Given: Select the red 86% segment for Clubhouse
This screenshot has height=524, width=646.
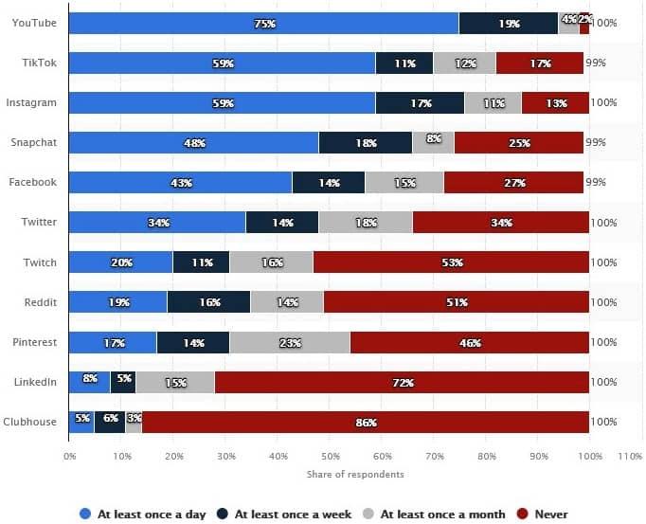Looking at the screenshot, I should (366, 422).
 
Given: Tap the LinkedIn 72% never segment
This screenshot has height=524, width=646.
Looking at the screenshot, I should (402, 382).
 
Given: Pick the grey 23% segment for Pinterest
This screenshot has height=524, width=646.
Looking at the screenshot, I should (290, 342).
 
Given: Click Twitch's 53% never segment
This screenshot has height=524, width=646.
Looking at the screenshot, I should (451, 262).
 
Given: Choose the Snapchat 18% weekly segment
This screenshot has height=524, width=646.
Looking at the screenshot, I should (366, 142).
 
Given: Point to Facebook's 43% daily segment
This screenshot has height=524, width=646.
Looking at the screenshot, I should (181, 182).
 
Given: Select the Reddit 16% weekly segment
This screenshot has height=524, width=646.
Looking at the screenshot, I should (209, 302).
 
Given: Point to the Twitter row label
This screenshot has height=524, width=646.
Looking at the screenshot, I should (40, 222).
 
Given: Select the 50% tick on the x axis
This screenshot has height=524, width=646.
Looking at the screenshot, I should (330, 457).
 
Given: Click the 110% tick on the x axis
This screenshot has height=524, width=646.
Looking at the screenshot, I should (630, 457).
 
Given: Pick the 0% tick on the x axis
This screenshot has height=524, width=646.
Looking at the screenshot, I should (70, 457).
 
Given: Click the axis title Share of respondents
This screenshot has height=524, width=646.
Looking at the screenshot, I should (355, 475).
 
